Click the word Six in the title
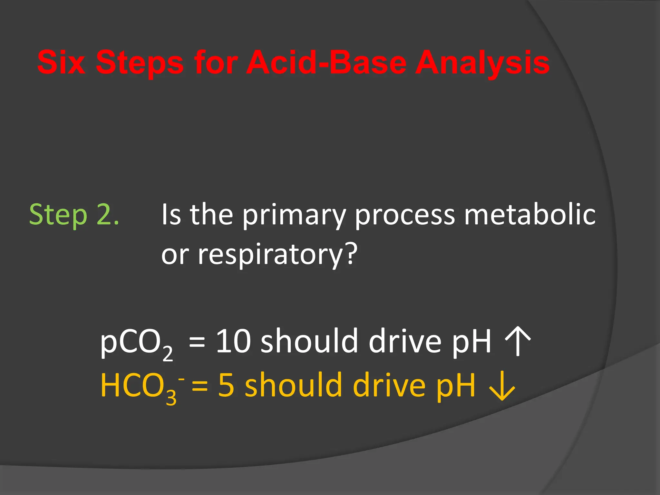61,63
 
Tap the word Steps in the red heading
140,63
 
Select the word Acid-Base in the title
326,63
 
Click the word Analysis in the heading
482,63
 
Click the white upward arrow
518,341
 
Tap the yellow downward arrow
502,386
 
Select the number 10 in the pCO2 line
233,341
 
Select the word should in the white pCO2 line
309,341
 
